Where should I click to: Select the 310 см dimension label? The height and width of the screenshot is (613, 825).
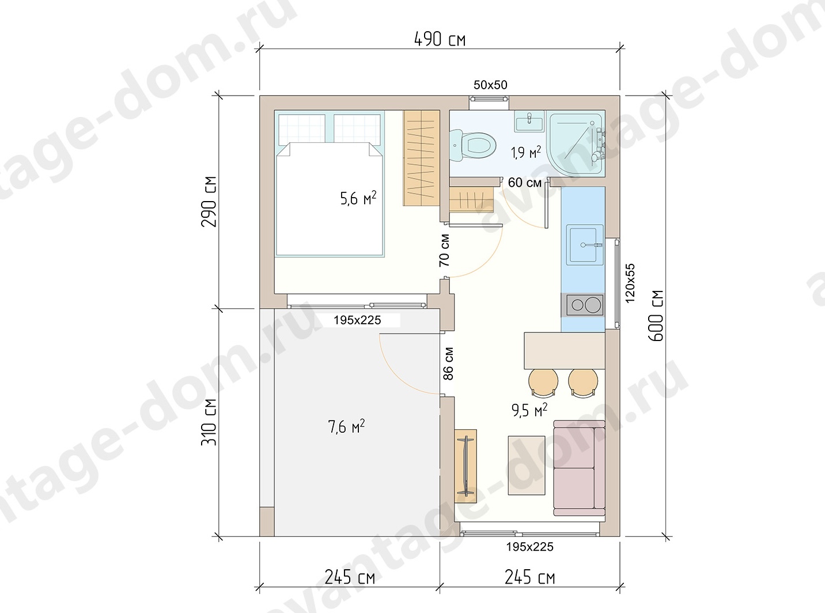[x=209, y=422]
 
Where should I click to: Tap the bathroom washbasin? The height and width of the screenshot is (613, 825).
[x=529, y=121]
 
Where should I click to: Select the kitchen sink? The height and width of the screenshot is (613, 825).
[x=585, y=245]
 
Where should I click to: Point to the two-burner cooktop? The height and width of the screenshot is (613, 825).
[x=585, y=305]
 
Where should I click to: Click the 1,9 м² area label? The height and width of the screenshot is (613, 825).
[x=525, y=152]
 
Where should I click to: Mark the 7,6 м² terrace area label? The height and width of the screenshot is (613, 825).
[x=346, y=426]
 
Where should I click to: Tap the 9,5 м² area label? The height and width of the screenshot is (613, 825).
[x=529, y=410]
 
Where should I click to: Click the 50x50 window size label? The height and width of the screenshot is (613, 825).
[x=490, y=85]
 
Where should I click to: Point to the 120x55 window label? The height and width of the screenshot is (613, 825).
[x=630, y=283]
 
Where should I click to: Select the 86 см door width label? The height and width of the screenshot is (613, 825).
[x=448, y=364]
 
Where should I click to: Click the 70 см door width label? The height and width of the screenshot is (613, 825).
[x=444, y=251]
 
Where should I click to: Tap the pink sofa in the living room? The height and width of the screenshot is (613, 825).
[x=579, y=468]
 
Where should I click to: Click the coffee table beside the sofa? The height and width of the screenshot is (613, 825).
[x=527, y=466]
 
